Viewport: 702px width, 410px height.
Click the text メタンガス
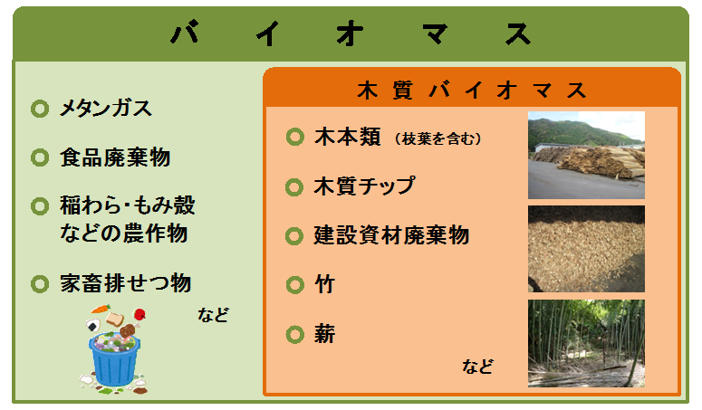click(x=106, y=109)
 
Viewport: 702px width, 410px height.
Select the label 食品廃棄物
click(x=115, y=157)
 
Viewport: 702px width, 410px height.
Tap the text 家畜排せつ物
click(x=126, y=283)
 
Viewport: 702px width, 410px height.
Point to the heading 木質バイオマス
click(x=472, y=90)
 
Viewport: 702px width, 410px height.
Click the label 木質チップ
click(x=364, y=186)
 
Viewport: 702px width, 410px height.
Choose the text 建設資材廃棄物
click(x=391, y=235)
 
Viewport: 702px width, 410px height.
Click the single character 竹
click(x=324, y=284)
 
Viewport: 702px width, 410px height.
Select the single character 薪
click(x=324, y=334)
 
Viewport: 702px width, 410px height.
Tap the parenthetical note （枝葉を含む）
click(x=438, y=138)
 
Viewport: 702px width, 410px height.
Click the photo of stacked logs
click(x=586, y=155)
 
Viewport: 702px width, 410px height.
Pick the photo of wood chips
click(x=586, y=249)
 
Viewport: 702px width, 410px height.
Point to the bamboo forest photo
click(x=586, y=343)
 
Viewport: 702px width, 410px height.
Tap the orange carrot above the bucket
click(x=101, y=309)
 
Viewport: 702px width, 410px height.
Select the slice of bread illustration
click(x=115, y=319)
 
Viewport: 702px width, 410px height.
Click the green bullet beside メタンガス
click(x=40, y=109)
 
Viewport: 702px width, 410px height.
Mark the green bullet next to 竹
click(x=295, y=285)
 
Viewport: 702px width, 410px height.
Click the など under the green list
click(x=213, y=315)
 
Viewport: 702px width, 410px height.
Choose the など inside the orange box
click(x=477, y=367)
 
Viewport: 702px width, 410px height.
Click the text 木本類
click(x=348, y=137)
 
